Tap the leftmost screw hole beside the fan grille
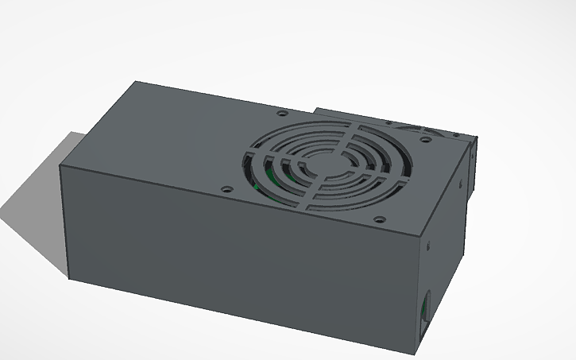tap(227, 190)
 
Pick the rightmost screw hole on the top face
tap(426, 140)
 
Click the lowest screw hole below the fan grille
tap(379, 219)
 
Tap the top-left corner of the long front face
tap(61, 165)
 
